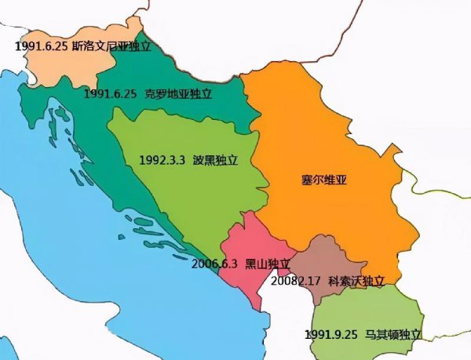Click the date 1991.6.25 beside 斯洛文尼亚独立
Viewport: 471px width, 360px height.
click(x=40, y=47)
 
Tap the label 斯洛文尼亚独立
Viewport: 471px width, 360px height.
click(x=111, y=47)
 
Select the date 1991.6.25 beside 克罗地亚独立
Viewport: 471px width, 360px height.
click(x=111, y=93)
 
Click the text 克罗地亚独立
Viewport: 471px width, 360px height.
click(x=179, y=93)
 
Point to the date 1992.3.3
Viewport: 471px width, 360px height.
click(x=162, y=159)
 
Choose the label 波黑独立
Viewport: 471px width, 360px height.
click(x=215, y=159)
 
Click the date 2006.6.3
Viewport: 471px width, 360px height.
click(x=215, y=264)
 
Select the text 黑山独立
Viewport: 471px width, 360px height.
click(x=268, y=264)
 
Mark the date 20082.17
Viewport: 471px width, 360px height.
click(x=296, y=280)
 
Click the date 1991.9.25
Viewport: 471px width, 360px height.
click(x=331, y=334)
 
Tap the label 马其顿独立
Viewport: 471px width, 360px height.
click(x=393, y=334)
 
